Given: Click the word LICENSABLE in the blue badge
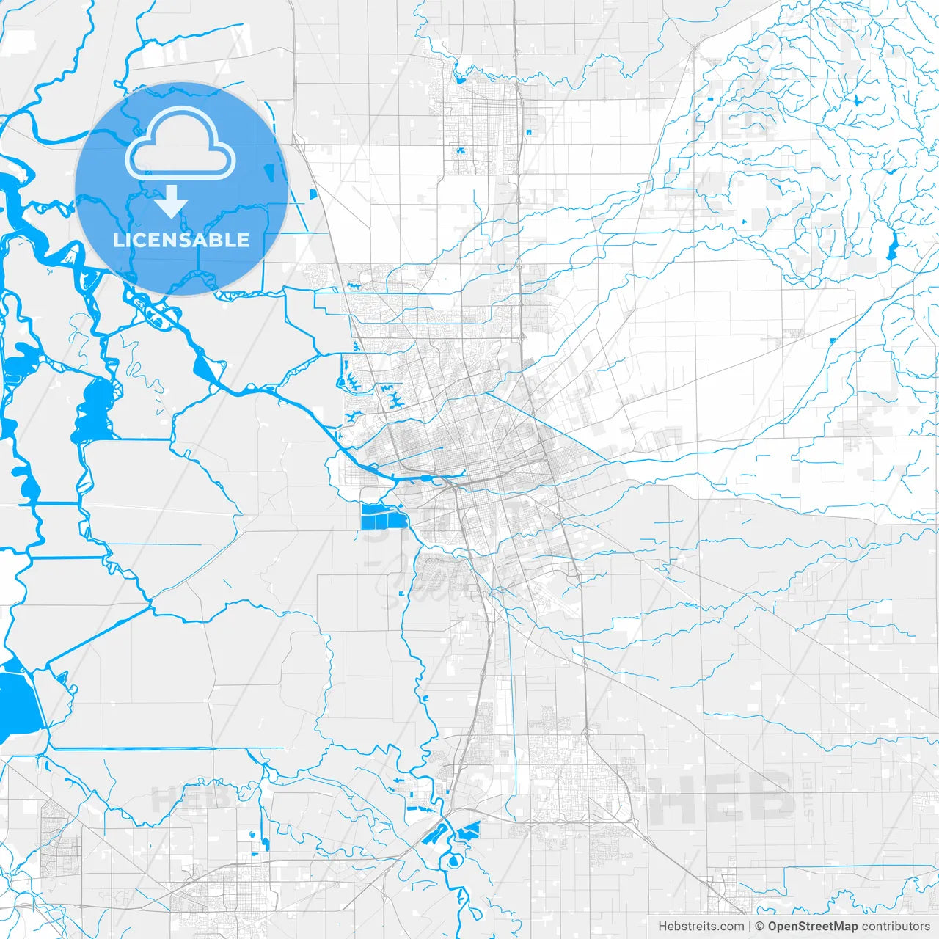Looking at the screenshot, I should click(x=181, y=240).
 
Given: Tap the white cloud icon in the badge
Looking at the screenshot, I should click(x=180, y=142).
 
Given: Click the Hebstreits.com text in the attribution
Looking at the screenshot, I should click(x=701, y=927).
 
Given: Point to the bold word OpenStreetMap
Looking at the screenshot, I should click(x=812, y=927).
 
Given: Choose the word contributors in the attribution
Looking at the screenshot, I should click(x=896, y=927).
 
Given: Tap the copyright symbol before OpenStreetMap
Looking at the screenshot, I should click(x=760, y=927).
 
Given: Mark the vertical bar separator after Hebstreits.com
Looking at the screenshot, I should click(x=750, y=927).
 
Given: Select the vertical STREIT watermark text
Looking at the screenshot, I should click(x=808, y=792).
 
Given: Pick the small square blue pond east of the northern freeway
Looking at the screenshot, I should click(x=527, y=131).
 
